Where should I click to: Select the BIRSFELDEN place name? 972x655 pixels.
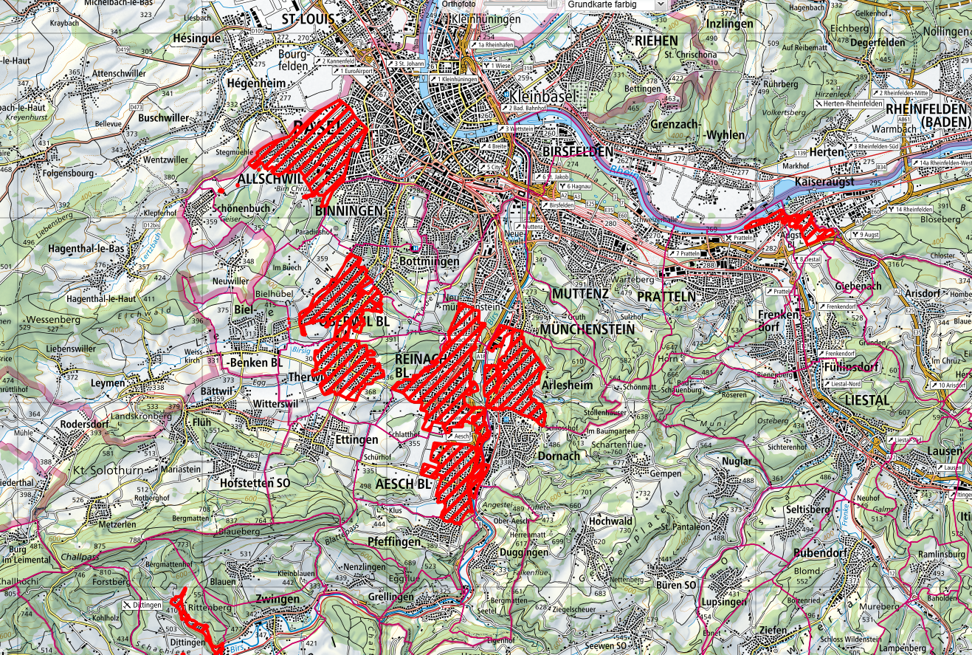[578, 151]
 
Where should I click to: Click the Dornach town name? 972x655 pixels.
[559, 456]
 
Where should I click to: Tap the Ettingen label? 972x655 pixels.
[356, 440]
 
